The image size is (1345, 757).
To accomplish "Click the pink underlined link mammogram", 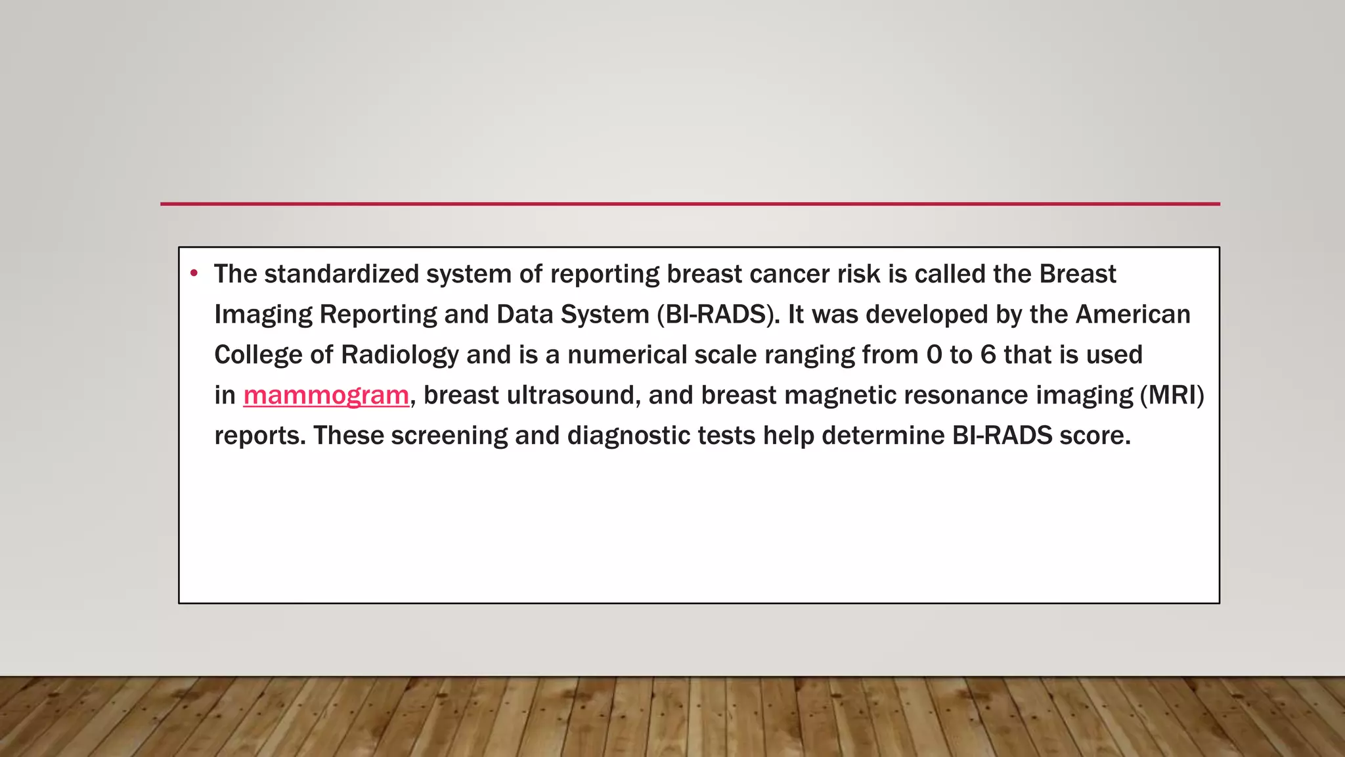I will tap(326, 396).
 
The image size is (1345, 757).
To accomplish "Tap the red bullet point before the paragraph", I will tap(194, 273).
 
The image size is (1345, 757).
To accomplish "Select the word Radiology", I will tap(399, 356).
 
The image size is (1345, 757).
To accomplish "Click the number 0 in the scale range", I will tap(934, 355).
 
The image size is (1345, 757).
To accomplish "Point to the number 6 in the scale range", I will tap(988, 355).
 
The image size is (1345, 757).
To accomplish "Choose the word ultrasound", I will tap(573, 396).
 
